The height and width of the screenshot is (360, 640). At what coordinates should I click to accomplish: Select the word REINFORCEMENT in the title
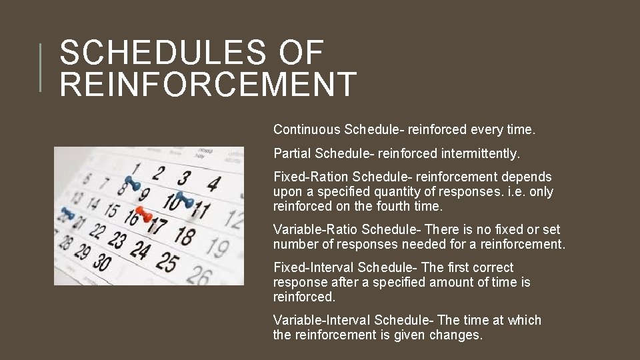208,84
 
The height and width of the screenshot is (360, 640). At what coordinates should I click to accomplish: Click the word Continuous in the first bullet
307,129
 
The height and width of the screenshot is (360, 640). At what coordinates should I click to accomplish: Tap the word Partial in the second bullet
292,153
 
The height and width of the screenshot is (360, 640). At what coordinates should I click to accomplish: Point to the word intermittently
480,153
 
